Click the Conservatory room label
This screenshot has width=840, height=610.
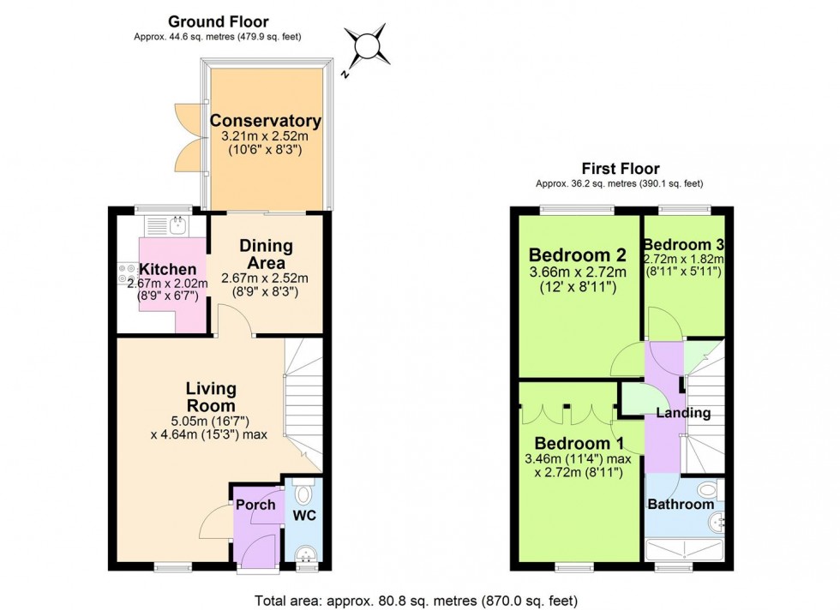tap(266, 121)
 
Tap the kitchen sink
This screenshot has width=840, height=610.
tap(177, 225)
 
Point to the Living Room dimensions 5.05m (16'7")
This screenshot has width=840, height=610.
tap(211, 420)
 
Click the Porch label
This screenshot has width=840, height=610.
tap(256, 505)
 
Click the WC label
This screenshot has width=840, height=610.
tap(305, 517)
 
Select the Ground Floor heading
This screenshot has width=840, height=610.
tap(218, 21)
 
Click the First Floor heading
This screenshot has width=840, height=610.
tap(622, 169)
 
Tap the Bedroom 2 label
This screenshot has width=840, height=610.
tap(577, 255)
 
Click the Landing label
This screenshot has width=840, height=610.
tap(683, 413)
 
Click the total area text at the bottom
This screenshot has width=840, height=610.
tap(419, 601)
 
